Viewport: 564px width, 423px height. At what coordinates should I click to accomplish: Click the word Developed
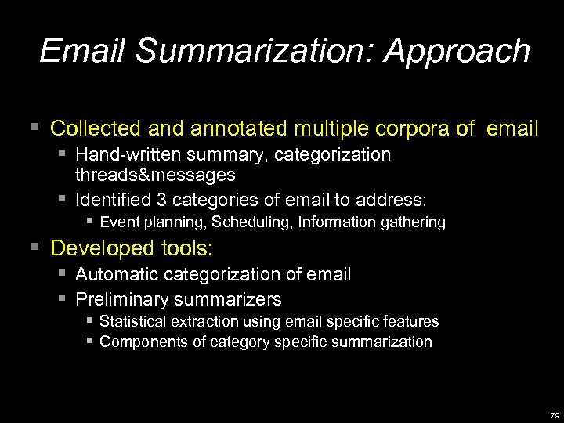103,248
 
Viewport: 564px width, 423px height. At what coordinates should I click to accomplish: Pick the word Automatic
119,274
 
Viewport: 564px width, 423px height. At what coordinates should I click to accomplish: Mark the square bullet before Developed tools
34,248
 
